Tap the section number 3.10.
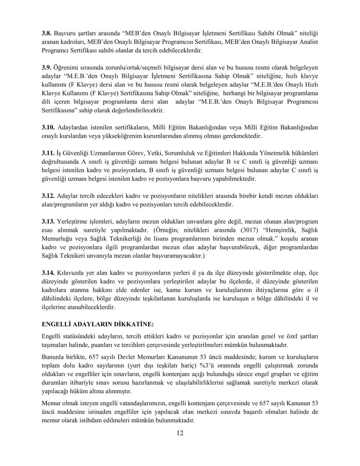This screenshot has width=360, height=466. pos(48,127)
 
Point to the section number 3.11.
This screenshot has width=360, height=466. pos(48,153)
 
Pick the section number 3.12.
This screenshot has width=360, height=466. pos(48,196)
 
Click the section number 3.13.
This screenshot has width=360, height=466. pos(48,222)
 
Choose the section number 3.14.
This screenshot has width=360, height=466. pos(48,273)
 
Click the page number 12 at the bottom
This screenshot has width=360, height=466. pos(180,433)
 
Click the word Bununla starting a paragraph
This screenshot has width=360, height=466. pos(52,357)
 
